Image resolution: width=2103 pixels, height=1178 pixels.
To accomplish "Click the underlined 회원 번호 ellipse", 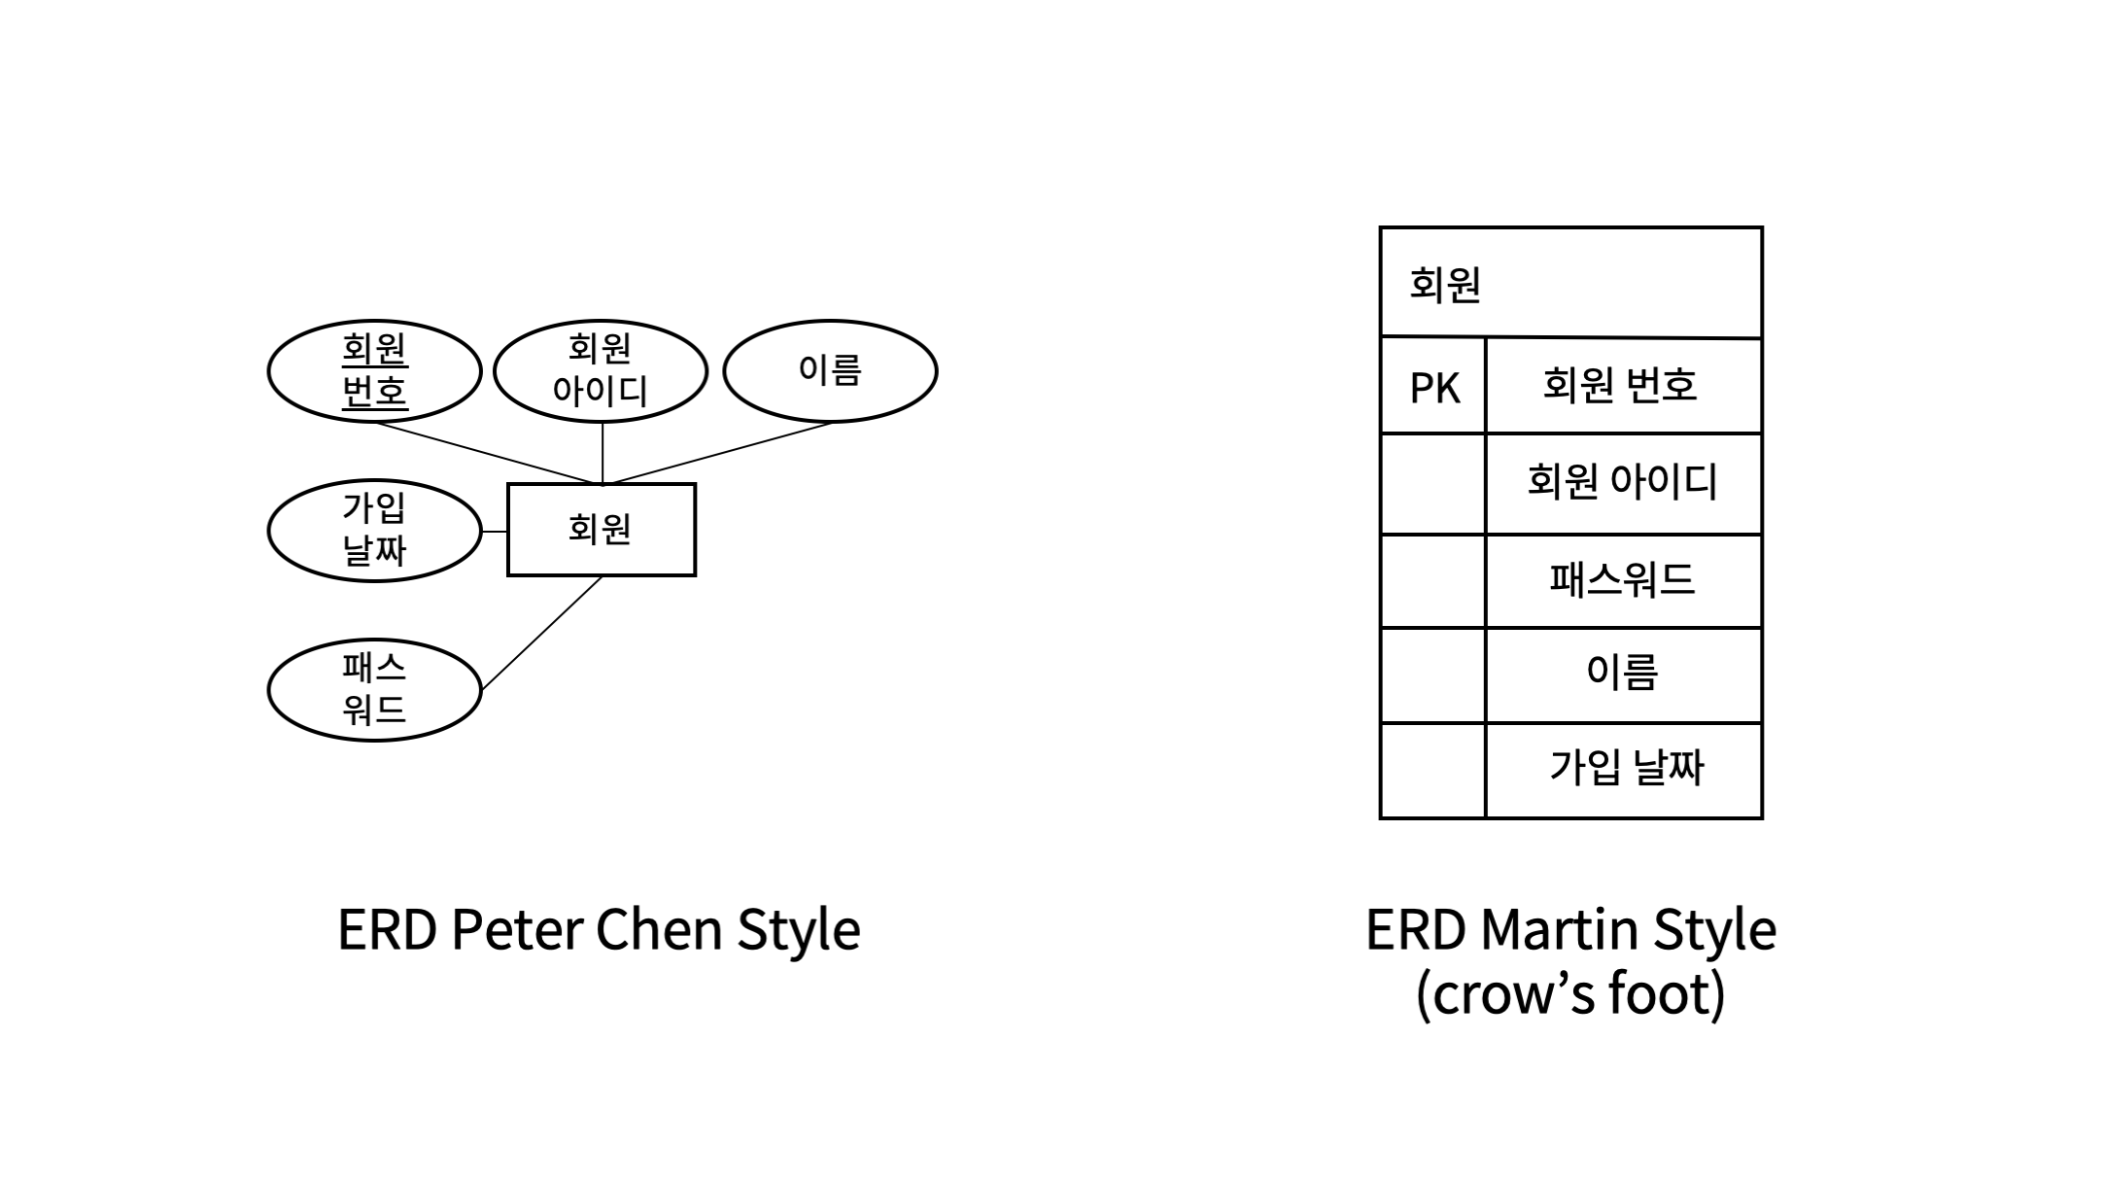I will click(374, 370).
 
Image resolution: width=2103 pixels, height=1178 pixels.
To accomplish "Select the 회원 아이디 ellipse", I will click(601, 370).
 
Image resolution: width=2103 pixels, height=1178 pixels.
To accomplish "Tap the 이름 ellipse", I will click(830, 370).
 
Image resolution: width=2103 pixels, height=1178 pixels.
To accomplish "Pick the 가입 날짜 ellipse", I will click(374, 531).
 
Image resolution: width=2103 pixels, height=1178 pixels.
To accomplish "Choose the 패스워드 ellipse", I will click(374, 690).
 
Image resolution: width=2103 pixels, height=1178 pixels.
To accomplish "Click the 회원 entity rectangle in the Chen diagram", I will click(601, 530).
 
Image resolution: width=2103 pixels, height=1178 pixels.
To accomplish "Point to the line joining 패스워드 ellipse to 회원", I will click(541, 634).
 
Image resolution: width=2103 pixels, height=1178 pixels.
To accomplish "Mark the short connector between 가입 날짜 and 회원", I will click(494, 532).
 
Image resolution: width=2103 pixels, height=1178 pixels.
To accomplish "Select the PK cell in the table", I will click(1433, 387).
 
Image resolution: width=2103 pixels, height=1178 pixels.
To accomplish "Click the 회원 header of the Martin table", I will click(1570, 284).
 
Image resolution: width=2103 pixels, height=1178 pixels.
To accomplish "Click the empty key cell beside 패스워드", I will click(1433, 580).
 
